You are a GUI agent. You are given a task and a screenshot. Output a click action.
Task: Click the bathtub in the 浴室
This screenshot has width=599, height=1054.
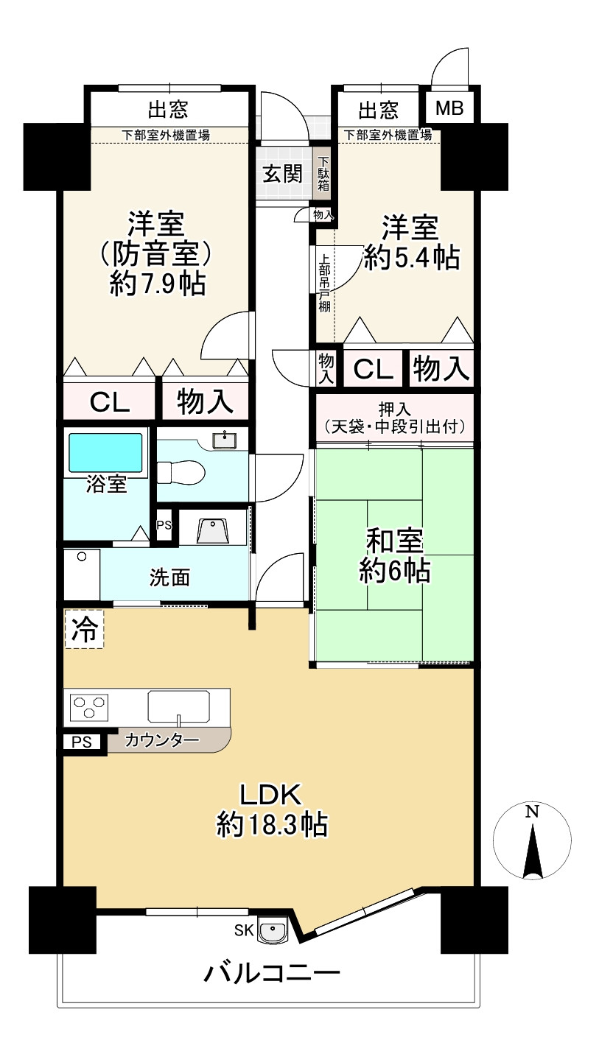[x=105, y=452]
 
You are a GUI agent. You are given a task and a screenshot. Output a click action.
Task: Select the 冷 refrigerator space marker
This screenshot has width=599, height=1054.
[x=84, y=630]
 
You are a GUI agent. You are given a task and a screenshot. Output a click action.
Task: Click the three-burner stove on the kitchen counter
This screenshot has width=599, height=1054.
[x=89, y=708]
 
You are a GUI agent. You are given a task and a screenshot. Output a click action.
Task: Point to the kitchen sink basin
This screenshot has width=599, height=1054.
[x=179, y=706]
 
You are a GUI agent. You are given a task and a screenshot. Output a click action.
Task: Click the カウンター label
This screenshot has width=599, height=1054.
[x=162, y=740]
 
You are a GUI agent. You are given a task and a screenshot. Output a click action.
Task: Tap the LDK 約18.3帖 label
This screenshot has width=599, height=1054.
[x=271, y=810]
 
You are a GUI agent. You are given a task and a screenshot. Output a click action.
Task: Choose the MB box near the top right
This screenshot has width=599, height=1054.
[x=449, y=109]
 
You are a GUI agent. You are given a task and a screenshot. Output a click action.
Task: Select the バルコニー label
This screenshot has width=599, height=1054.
[x=271, y=974]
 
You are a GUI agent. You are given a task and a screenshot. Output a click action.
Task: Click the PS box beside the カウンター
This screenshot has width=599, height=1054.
[x=81, y=742]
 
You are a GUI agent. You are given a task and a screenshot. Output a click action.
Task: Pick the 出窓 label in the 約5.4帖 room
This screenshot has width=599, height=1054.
[x=378, y=110]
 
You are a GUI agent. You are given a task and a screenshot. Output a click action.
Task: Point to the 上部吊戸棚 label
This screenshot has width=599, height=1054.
[x=323, y=284]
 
